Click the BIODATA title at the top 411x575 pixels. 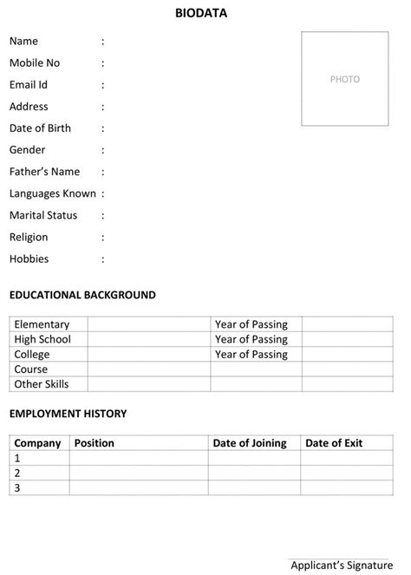click(x=201, y=13)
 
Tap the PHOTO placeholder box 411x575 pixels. click(x=344, y=79)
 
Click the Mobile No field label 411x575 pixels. click(x=35, y=63)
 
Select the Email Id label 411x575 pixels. click(x=29, y=85)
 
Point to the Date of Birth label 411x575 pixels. click(x=40, y=128)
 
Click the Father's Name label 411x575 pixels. click(x=44, y=172)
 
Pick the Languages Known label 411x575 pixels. click(x=52, y=193)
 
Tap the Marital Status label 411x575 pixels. click(x=43, y=215)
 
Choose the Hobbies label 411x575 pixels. click(x=29, y=258)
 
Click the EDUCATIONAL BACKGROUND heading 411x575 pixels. click(x=82, y=295)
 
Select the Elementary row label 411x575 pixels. click(x=41, y=324)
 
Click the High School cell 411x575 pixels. click(x=42, y=339)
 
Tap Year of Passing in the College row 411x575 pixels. click(x=251, y=354)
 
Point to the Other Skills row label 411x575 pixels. click(x=41, y=383)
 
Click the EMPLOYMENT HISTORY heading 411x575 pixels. click(x=68, y=414)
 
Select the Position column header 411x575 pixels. click(x=94, y=443)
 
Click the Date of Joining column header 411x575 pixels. click(x=250, y=443)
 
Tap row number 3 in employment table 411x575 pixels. click(x=17, y=487)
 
